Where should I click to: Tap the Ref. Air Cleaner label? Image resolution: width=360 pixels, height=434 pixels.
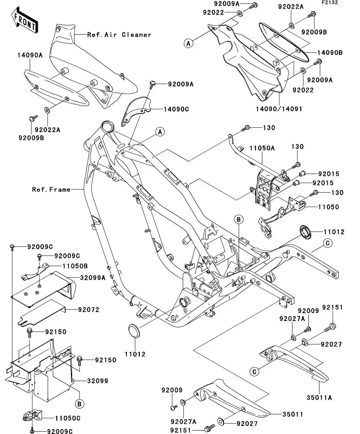tap(119, 35)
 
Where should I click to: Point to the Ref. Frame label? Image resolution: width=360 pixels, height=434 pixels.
tap(51, 189)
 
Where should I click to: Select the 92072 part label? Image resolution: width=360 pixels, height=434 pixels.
tap(88, 310)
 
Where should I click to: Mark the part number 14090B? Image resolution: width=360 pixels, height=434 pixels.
tap(330, 52)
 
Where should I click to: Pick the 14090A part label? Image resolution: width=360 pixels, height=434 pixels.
tap(30, 55)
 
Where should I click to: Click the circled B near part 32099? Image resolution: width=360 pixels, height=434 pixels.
tap(79, 404)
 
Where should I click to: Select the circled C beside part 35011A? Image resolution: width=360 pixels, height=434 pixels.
tap(255, 371)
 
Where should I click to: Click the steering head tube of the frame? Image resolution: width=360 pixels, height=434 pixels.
tap(107, 128)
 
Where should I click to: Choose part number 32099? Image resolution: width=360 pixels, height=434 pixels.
tap(97, 381)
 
